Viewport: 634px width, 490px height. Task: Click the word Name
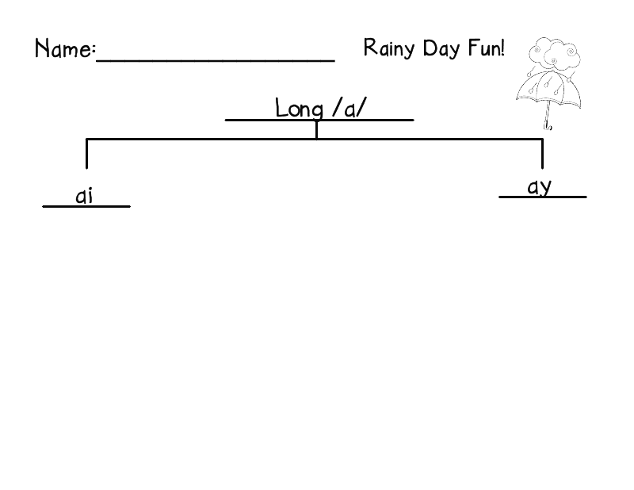[x=63, y=49]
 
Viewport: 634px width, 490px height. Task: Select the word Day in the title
[x=440, y=48]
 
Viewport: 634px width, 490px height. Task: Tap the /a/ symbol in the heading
[x=349, y=108]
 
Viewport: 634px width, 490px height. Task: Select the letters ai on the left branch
[x=84, y=196]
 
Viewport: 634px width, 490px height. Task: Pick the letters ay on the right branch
[x=540, y=187]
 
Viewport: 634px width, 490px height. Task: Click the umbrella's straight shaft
[x=546, y=115]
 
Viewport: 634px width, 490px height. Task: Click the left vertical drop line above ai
[x=86, y=155]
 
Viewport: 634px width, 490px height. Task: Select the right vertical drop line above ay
[x=542, y=155]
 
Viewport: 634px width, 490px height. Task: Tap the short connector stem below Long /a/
[x=316, y=129]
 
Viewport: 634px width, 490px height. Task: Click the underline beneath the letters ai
[x=86, y=206]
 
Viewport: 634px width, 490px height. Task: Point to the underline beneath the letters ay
[x=542, y=196]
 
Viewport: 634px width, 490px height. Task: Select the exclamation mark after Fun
[x=502, y=48]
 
